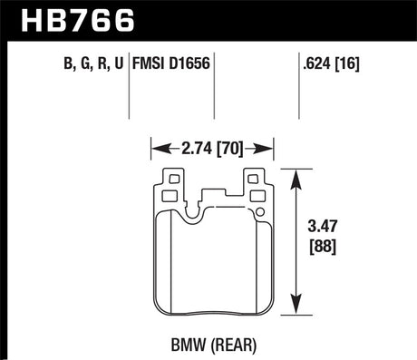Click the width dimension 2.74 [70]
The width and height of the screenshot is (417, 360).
point(212,146)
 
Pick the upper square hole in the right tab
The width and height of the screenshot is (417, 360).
point(255,180)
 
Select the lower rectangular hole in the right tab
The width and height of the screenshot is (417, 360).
point(255,193)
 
